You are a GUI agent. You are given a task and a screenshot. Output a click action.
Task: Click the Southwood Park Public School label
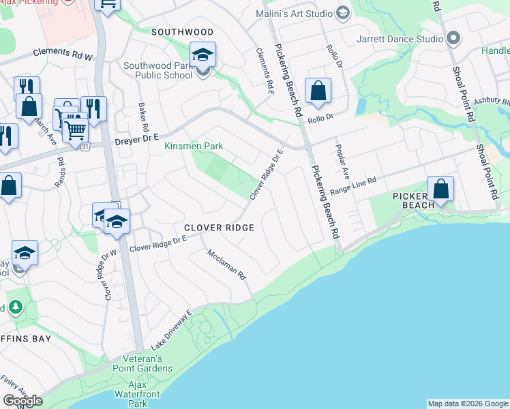(158, 70)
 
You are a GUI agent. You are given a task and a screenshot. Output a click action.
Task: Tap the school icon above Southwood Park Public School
(202, 55)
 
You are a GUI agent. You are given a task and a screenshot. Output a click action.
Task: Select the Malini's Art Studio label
(295, 14)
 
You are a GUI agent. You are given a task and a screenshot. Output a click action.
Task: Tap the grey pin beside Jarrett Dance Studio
(452, 38)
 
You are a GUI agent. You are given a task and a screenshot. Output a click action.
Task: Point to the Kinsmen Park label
(194, 146)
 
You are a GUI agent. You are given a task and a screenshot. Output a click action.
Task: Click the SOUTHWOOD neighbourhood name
(182, 32)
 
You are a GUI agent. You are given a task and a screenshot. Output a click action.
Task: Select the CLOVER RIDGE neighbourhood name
(218, 228)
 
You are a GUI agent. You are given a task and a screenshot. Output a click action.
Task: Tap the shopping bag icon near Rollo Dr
(318, 91)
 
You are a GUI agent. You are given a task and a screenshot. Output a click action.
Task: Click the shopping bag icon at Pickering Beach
(441, 189)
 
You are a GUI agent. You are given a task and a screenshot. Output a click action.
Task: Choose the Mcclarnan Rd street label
(226, 264)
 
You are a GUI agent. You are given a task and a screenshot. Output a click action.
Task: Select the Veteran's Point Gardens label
(147, 363)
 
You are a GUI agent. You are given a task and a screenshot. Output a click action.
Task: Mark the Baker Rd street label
(143, 117)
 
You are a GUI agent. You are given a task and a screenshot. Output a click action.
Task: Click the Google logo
(22, 401)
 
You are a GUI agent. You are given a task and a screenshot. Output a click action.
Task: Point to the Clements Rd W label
(62, 55)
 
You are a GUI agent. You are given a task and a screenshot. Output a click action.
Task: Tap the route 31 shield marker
(85, 147)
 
